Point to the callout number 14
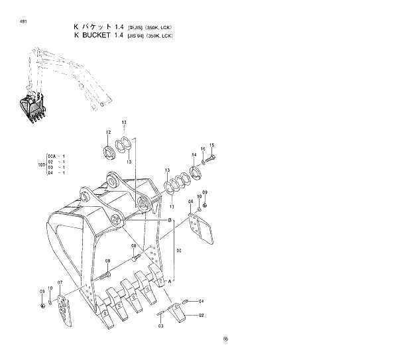[194, 154]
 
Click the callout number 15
[211, 145]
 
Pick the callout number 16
[203, 149]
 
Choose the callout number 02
[201, 315]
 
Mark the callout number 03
[160, 326]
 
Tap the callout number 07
[60, 283]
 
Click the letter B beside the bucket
[170, 219]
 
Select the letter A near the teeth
[170, 280]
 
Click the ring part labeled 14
[196, 172]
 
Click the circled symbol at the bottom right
[225, 339]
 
